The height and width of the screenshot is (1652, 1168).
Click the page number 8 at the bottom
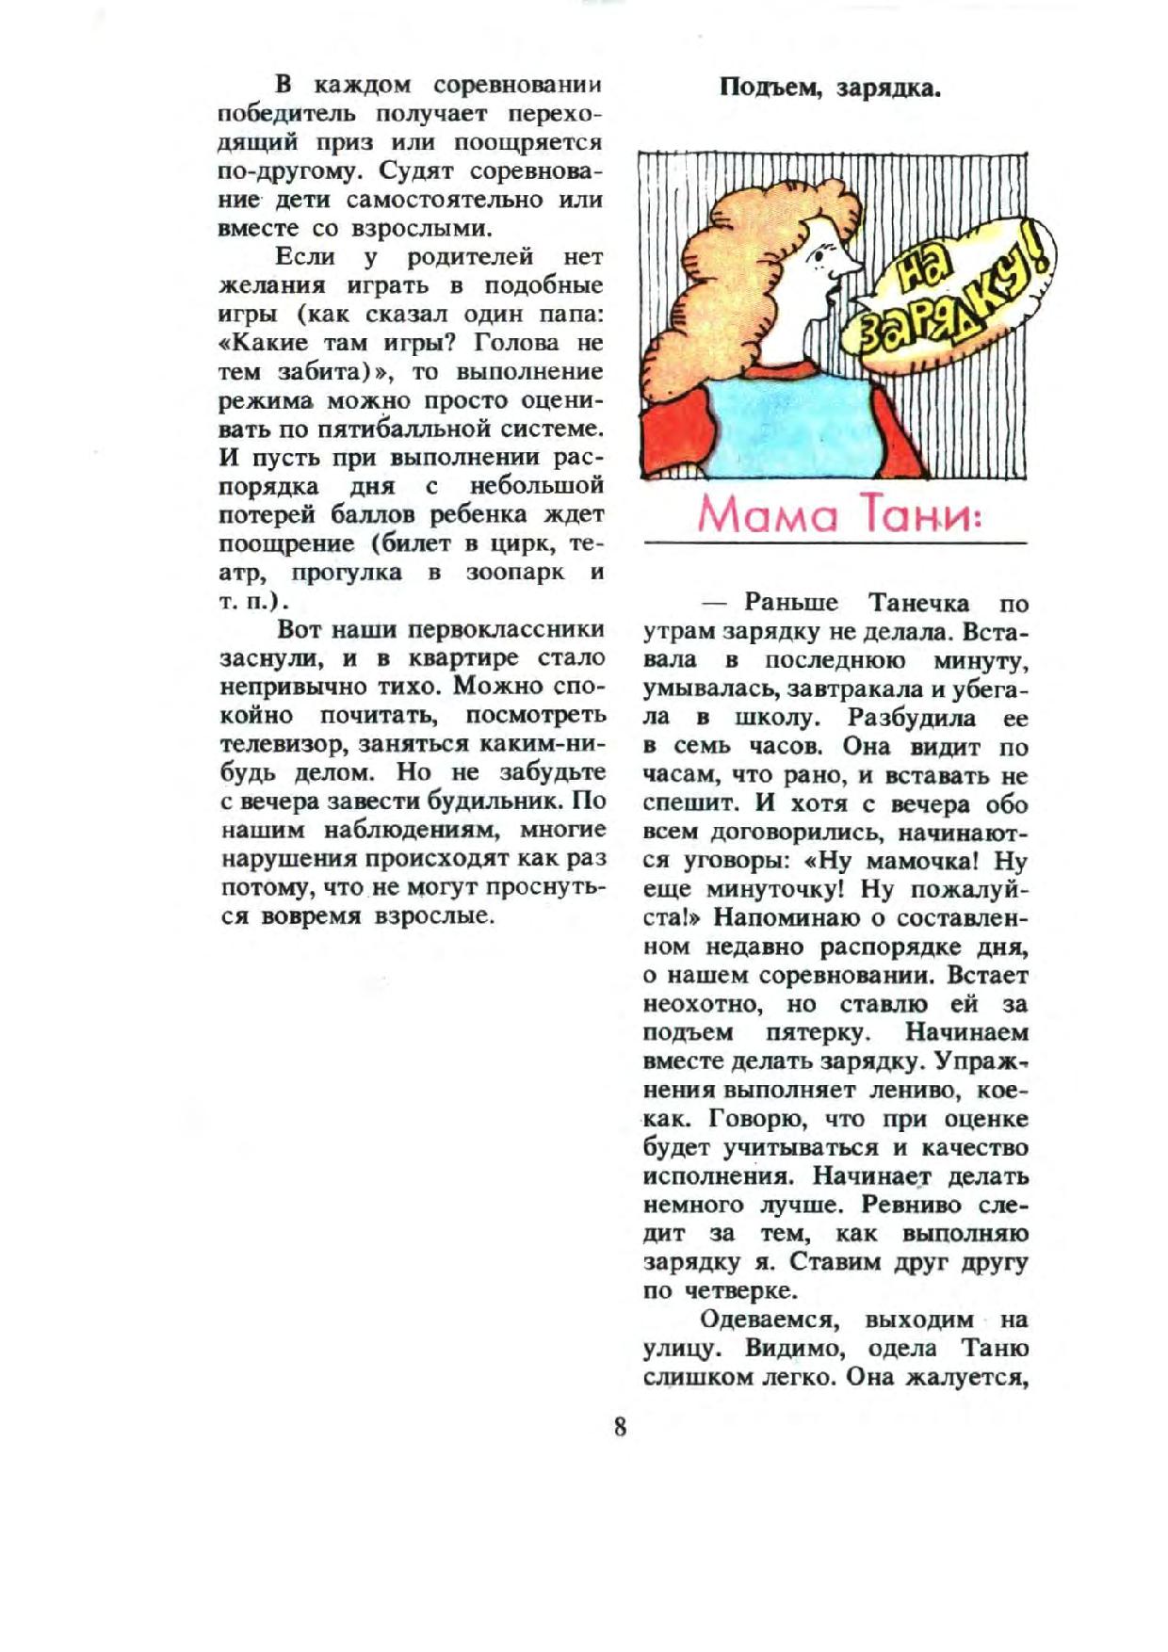tap(619, 1427)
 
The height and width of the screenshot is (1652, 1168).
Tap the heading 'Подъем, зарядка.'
tap(832, 89)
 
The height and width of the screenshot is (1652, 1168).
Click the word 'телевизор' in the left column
tap(275, 744)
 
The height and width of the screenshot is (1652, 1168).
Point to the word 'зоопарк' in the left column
tap(515, 573)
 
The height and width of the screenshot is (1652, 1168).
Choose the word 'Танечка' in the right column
tap(917, 603)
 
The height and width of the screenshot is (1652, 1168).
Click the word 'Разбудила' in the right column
tap(899, 718)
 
